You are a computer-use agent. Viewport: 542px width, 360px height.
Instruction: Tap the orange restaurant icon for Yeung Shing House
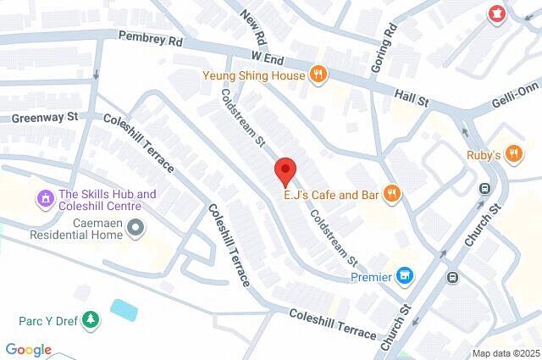318,74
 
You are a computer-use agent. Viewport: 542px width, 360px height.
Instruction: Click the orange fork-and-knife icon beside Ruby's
515,155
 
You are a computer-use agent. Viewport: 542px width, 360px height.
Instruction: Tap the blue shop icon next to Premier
406,276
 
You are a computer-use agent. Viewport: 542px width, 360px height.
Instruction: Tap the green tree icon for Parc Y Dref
91,321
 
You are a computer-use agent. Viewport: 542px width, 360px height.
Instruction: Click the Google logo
28,350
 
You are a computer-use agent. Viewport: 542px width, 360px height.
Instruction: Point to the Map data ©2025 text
505,353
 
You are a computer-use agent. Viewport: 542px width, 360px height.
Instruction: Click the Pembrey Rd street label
150,37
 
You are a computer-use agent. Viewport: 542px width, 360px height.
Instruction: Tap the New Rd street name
252,29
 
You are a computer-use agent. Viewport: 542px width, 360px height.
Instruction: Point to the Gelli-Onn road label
516,103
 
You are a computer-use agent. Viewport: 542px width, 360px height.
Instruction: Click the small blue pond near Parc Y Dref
124,310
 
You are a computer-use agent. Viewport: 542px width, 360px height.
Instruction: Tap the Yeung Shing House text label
253,75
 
